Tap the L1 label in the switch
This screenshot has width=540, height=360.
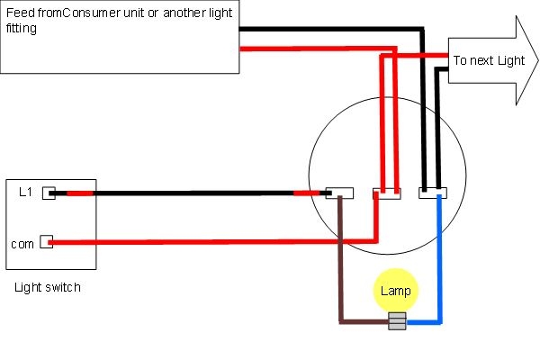(25, 192)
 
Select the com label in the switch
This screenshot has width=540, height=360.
(22, 243)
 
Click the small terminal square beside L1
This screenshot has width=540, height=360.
(49, 192)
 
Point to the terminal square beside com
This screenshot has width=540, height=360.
(46, 242)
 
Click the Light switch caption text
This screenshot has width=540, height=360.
(48, 287)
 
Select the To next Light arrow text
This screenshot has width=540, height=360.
(489, 61)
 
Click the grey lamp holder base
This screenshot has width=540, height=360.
(396, 319)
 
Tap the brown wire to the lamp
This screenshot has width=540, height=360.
(339, 270)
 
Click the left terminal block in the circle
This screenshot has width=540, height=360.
(339, 193)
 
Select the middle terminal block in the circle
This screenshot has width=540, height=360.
(387, 193)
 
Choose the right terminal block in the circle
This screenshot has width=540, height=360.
(432, 193)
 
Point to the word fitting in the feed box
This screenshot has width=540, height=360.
(21, 29)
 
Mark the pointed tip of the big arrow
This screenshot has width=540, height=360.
(536, 61)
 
